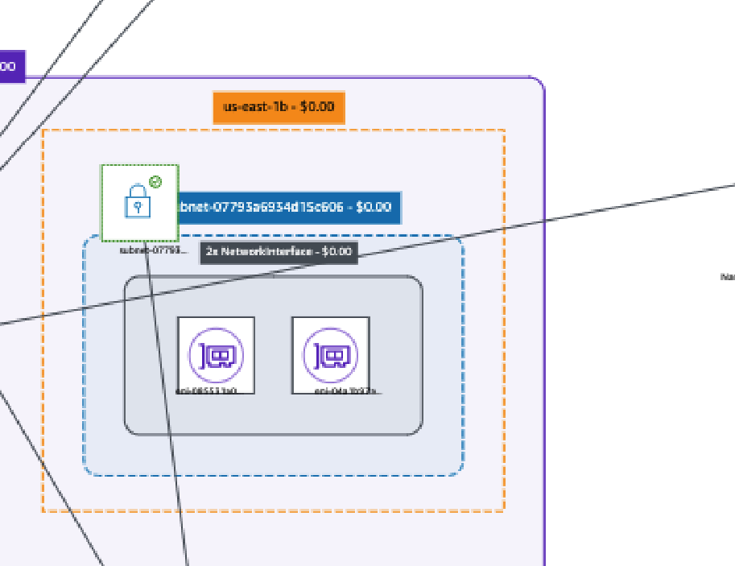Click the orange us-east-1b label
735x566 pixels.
(x=279, y=107)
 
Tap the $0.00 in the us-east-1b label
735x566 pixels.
(x=316, y=107)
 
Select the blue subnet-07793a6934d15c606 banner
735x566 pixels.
(x=288, y=207)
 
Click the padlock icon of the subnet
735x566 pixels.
(x=138, y=201)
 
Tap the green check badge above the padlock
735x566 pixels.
(x=155, y=182)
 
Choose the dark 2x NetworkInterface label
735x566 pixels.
(x=279, y=251)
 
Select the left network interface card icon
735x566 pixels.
(x=216, y=353)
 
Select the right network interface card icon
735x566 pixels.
(x=330, y=353)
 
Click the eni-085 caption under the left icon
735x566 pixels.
(x=208, y=391)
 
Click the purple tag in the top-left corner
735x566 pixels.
(x=11, y=66)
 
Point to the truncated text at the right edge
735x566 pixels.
(x=728, y=277)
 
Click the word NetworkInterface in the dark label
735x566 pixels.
(x=270, y=251)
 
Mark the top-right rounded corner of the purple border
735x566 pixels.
(x=539, y=83)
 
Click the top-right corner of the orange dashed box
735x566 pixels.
(x=504, y=130)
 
